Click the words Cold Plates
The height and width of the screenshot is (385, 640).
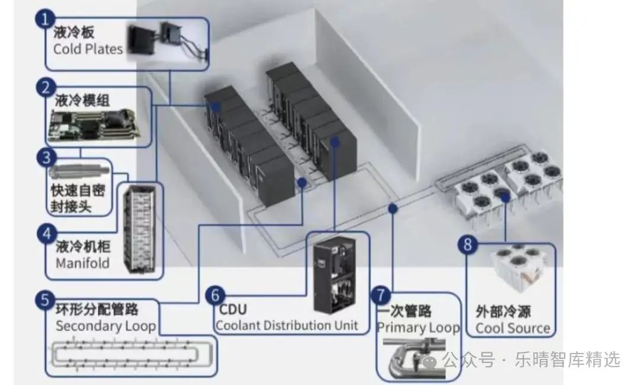(88, 49)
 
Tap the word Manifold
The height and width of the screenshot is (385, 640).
(82, 262)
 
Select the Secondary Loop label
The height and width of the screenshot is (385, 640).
(105, 326)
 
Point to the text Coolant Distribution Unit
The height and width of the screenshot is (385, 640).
(287, 325)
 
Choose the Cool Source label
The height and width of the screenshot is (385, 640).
(513, 328)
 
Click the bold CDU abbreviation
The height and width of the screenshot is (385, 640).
(233, 309)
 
